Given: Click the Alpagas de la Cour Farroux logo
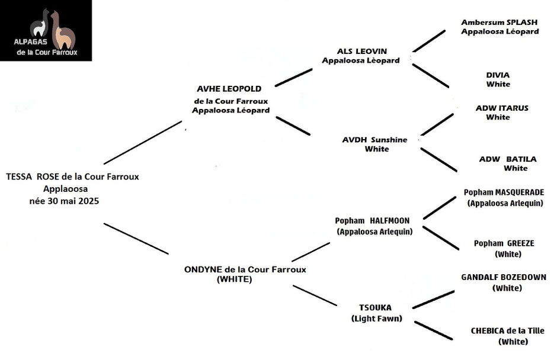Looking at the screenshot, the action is click(46, 31).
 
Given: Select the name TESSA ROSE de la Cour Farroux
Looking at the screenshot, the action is click(72, 177).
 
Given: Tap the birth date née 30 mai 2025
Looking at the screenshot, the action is click(65, 201).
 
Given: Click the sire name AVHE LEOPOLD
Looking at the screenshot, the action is click(229, 89).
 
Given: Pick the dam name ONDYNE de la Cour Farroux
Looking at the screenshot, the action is click(245, 269).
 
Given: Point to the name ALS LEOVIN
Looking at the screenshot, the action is click(362, 51).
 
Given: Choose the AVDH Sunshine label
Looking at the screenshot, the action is click(374, 140).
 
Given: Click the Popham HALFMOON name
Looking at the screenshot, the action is click(372, 221).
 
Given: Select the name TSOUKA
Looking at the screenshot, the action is click(375, 307).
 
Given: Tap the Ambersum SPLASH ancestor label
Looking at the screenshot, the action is click(500, 22).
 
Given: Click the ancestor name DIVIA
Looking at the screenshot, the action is click(498, 75).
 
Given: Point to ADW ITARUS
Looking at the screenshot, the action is click(502, 108).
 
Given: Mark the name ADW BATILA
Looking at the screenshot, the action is click(508, 159).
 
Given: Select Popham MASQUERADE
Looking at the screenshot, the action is click(504, 192).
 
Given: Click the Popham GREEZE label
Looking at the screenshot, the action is click(504, 243).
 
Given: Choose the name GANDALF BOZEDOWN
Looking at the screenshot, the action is click(504, 277).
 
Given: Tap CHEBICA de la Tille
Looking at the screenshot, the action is click(508, 331).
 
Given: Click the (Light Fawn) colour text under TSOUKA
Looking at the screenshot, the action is click(376, 319).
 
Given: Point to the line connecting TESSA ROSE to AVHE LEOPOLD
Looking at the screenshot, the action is click(143, 142).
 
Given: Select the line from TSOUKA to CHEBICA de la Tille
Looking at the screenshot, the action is click(434, 330).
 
